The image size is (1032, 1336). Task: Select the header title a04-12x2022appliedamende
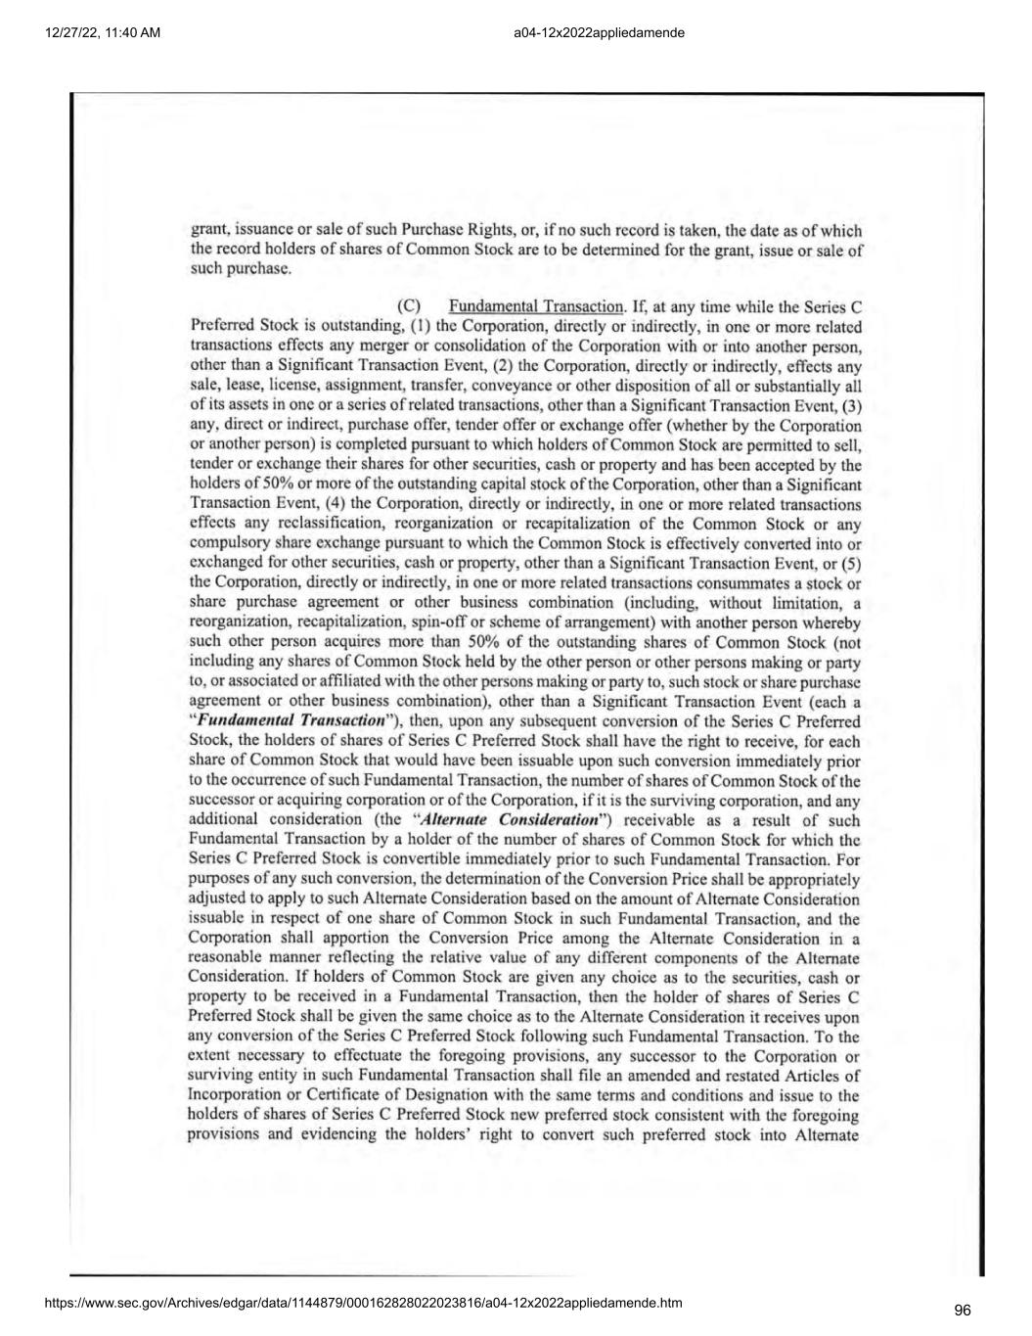(x=598, y=33)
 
